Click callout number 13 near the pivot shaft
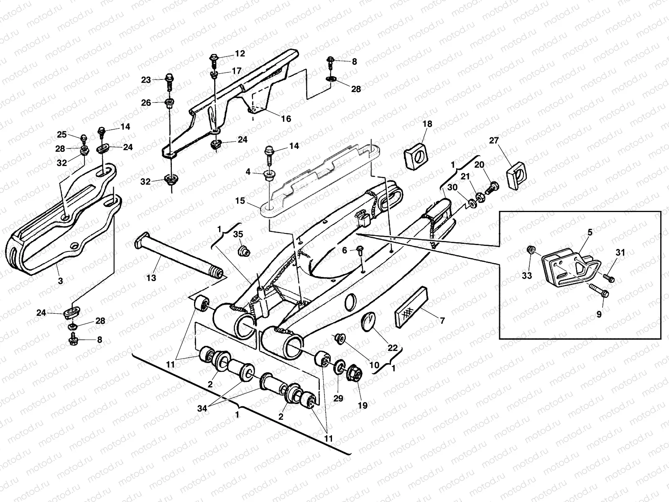coord(151,277)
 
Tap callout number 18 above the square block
coord(427,124)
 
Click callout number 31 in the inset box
coord(620,252)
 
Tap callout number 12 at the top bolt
coord(240,54)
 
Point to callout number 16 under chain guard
coord(286,119)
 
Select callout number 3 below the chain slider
coord(60,281)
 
